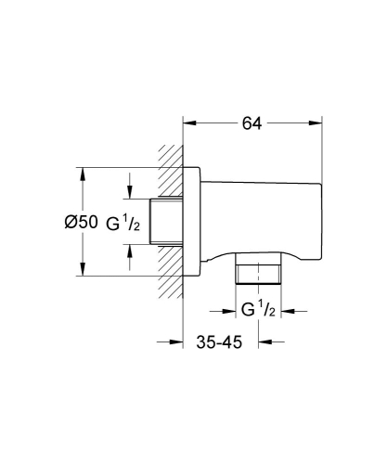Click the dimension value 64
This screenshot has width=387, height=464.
[251, 121]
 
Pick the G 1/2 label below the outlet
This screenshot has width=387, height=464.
[259, 310]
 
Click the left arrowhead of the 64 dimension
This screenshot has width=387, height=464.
[189, 121]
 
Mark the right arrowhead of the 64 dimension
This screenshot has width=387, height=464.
[316, 121]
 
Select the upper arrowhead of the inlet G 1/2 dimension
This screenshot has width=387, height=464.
[130, 193]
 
